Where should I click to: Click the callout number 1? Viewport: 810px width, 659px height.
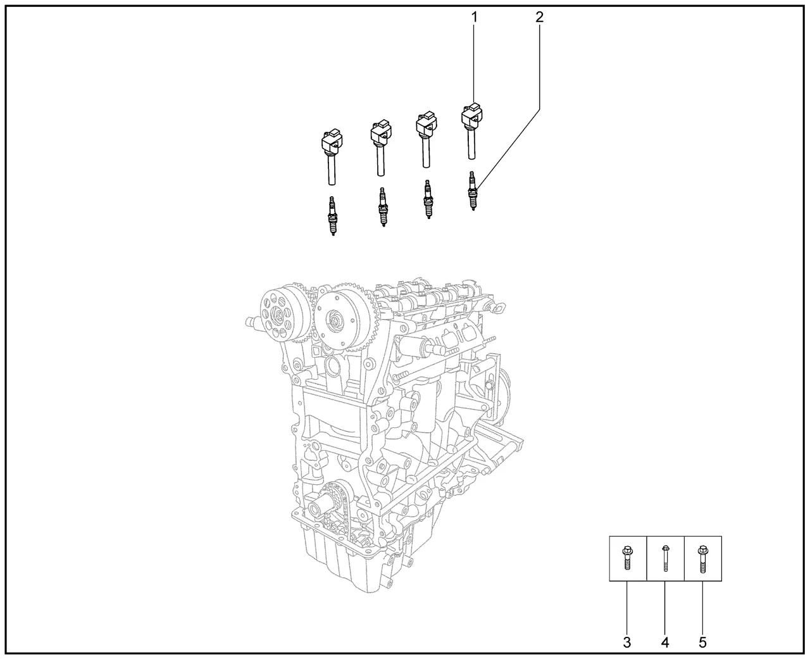(x=474, y=17)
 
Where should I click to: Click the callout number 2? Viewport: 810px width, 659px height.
(x=539, y=17)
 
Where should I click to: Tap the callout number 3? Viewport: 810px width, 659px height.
(x=627, y=643)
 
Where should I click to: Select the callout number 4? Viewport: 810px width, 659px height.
(x=664, y=643)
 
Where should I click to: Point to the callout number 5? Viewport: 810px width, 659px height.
(x=702, y=643)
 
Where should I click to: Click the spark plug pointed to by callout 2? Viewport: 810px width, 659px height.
(x=472, y=191)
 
